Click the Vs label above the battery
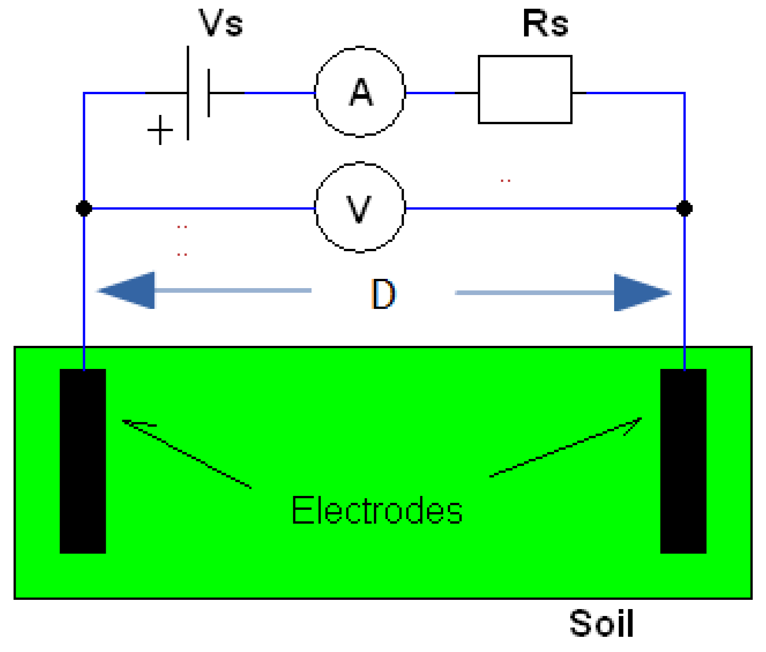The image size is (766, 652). pyautogui.click(x=220, y=23)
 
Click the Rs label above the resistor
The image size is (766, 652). pyautogui.click(x=545, y=24)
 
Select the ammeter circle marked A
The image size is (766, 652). pyautogui.click(x=360, y=92)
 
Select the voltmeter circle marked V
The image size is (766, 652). pyautogui.click(x=360, y=207)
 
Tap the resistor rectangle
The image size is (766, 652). pyautogui.click(x=525, y=90)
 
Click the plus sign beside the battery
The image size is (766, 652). pyautogui.click(x=160, y=130)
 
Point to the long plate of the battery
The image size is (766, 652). pyautogui.click(x=188, y=92)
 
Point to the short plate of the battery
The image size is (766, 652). pyautogui.click(x=209, y=93)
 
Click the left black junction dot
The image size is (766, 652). pyautogui.click(x=84, y=208)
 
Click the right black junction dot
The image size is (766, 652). pyautogui.click(x=684, y=208)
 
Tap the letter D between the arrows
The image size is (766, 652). pyautogui.click(x=383, y=294)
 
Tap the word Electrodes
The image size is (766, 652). pyautogui.click(x=377, y=510)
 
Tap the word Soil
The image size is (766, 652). pyautogui.click(x=601, y=623)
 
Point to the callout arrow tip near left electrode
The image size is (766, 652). pyautogui.click(x=124, y=421)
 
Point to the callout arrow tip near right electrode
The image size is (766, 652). pyautogui.click(x=640, y=419)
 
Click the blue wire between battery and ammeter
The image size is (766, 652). pyautogui.click(x=279, y=93)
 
